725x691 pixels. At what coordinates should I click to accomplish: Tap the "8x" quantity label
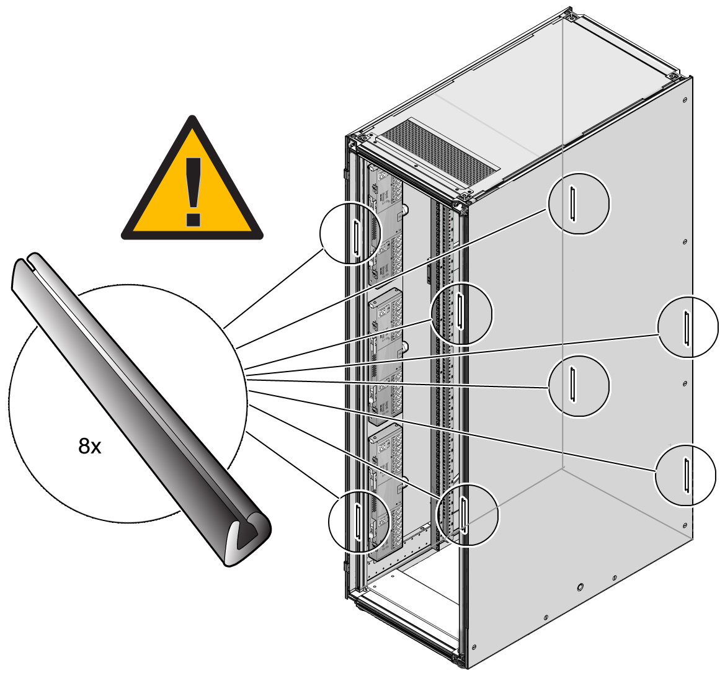click(x=90, y=446)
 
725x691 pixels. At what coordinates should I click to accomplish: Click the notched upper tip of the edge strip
click(x=28, y=264)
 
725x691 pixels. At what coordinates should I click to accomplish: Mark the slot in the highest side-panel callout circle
click(x=574, y=203)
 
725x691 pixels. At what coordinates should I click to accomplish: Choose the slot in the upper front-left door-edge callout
click(x=356, y=238)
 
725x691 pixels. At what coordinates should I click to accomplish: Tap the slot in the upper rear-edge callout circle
click(x=687, y=328)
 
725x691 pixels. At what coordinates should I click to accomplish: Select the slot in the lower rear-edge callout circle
click(x=686, y=475)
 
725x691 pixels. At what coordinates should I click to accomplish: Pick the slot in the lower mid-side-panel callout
click(x=574, y=385)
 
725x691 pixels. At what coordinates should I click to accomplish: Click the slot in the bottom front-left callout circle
click(x=358, y=521)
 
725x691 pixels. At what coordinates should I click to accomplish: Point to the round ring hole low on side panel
click(x=580, y=587)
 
